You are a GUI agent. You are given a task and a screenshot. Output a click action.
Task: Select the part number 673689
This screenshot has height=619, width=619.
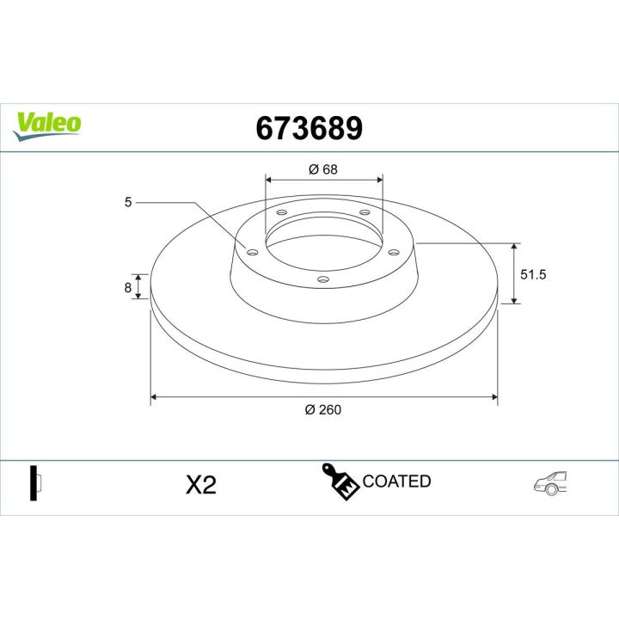pyautogui.click(x=309, y=128)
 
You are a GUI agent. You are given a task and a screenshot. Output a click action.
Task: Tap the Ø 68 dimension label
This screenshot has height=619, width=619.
pyautogui.click(x=322, y=169)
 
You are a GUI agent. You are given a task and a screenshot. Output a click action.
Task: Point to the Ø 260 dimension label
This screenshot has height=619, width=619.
pyautogui.click(x=323, y=410)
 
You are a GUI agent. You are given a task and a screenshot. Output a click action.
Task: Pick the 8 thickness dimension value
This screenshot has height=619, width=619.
pyautogui.click(x=128, y=288)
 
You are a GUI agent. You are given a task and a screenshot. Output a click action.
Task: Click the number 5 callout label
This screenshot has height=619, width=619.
pyautogui.click(x=128, y=203)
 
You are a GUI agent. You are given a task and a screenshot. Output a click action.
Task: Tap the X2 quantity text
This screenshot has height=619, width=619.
pyautogui.click(x=200, y=485)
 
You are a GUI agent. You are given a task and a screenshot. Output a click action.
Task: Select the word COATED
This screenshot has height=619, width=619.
pyautogui.click(x=396, y=481)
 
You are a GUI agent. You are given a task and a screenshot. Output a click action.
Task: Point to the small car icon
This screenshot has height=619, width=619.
pyautogui.click(x=550, y=484)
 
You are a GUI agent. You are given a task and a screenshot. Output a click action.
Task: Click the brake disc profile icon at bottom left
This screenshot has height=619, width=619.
pyautogui.click(x=35, y=483)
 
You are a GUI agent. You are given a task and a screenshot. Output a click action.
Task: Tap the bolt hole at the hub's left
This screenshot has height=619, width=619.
pyautogui.click(x=252, y=252)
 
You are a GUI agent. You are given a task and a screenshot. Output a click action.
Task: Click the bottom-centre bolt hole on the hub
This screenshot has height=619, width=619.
pyautogui.click(x=323, y=279)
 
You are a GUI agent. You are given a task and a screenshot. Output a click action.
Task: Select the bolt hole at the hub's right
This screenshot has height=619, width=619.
pyautogui.click(x=394, y=252)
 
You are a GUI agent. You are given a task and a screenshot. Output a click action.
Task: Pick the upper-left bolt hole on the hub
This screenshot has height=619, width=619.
pyautogui.click(x=282, y=213)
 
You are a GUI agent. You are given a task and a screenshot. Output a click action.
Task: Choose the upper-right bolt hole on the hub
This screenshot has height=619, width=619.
pyautogui.click(x=365, y=212)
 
